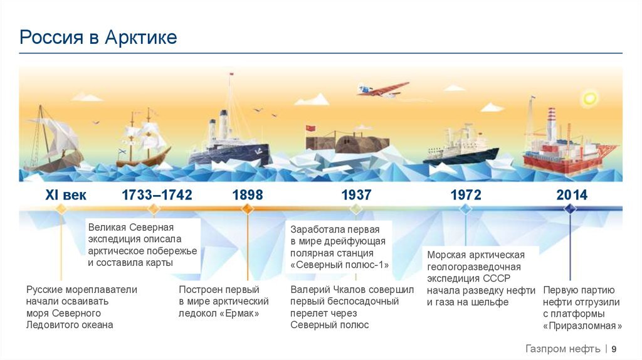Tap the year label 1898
point(248,195)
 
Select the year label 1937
point(356,195)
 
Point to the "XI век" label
point(66,195)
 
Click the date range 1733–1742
point(157,195)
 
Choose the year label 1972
point(466,195)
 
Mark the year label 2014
point(572,195)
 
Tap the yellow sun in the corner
point(590,98)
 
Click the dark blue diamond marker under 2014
point(570,209)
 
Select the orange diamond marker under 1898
point(248,209)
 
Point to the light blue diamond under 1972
point(465,209)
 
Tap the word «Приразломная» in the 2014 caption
point(582,326)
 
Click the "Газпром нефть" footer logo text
point(562,349)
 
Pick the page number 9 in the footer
point(614,349)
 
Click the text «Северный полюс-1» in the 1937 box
point(339,265)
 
